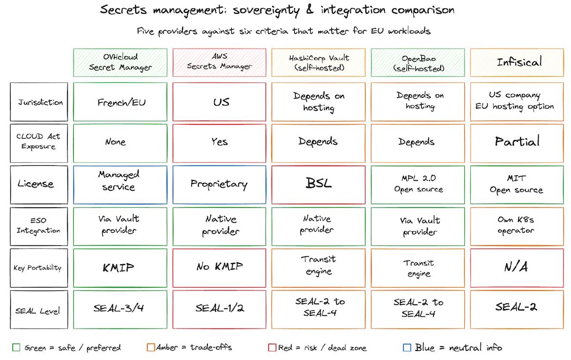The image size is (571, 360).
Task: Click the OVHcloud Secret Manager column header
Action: point(120,62)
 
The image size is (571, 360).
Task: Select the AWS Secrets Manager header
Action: point(219,62)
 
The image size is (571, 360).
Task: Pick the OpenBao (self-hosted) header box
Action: point(418,62)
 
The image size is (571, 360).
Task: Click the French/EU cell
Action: point(120,102)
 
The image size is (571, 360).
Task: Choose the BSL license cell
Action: point(318,184)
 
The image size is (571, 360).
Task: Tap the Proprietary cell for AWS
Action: point(219,184)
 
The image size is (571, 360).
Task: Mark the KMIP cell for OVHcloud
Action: point(120,268)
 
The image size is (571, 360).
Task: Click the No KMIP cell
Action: point(219,268)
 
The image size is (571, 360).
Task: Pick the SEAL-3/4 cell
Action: point(120,309)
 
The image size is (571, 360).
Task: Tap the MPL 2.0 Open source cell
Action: point(418,184)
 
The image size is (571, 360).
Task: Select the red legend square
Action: point(272,347)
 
